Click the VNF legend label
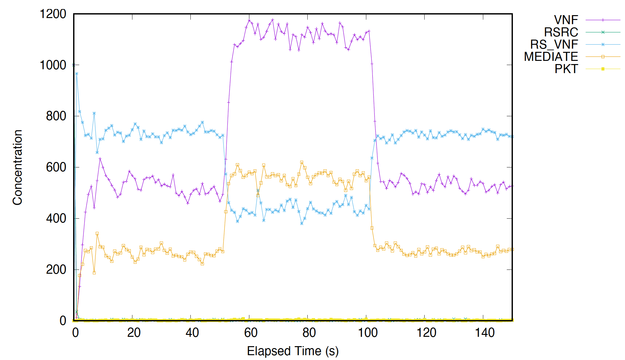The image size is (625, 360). point(566,20)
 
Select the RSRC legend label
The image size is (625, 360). point(561,32)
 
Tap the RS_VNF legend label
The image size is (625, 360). point(554,44)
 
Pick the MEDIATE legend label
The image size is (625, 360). point(551,57)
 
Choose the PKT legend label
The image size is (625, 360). point(566,69)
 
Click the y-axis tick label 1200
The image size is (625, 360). point(53,14)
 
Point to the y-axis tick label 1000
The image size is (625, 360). point(53,65)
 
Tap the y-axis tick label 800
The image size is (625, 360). point(56,116)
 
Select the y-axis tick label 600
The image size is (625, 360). point(56,167)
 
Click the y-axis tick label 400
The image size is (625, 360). point(56,218)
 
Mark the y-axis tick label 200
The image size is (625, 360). point(56,270)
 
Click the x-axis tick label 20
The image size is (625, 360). point(134,333)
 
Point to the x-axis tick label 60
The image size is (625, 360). point(251,333)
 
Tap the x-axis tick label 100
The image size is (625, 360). point(368,333)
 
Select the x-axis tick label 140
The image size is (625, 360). point(485,333)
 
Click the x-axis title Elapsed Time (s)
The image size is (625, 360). point(293,351)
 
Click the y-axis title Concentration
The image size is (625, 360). point(17,167)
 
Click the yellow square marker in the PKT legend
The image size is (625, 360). point(603,69)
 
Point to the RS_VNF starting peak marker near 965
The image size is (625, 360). point(77,74)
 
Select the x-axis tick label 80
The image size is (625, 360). point(309,333)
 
